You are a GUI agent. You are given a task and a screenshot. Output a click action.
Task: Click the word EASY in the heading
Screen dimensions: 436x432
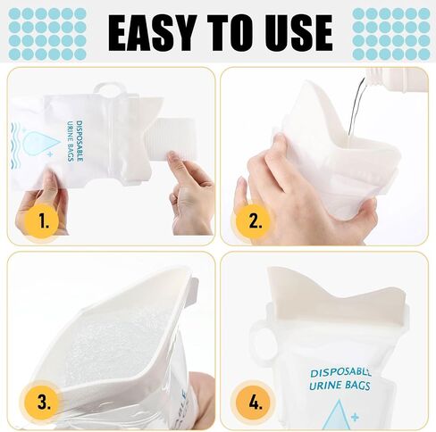[152, 33]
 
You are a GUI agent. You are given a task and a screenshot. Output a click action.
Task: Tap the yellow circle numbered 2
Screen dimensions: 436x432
[255, 220]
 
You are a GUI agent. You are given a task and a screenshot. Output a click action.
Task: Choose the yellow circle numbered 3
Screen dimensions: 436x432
[44, 403]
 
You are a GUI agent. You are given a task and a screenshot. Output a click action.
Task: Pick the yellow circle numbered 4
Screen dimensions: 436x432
[255, 403]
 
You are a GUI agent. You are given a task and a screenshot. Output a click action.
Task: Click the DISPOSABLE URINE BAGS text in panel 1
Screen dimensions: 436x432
[74, 141]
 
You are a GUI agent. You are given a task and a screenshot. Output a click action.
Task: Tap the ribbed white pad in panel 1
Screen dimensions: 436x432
[169, 137]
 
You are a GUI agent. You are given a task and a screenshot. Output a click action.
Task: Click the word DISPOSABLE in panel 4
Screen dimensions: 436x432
[340, 372]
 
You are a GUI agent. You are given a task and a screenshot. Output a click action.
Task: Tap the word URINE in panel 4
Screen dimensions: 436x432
[325, 385]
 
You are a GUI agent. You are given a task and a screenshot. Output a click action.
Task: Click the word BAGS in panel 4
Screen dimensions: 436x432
[358, 385]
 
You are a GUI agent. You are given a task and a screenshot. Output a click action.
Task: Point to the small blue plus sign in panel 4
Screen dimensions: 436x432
[355, 418]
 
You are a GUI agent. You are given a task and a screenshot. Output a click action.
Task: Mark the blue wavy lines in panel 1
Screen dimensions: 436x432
[16, 145]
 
